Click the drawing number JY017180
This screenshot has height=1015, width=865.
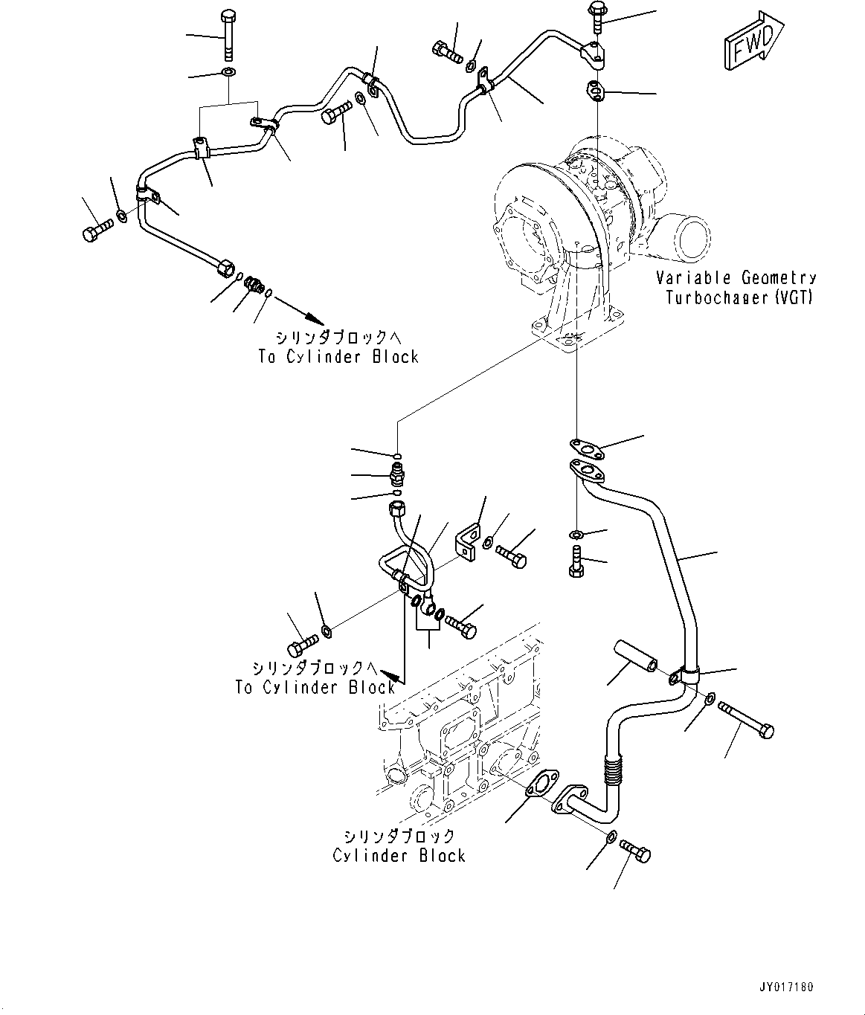785,987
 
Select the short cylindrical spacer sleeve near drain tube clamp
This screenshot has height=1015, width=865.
634,654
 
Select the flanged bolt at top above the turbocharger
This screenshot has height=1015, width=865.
597,16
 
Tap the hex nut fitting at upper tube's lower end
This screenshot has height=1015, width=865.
224,268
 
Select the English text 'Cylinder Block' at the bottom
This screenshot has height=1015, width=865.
399,855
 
